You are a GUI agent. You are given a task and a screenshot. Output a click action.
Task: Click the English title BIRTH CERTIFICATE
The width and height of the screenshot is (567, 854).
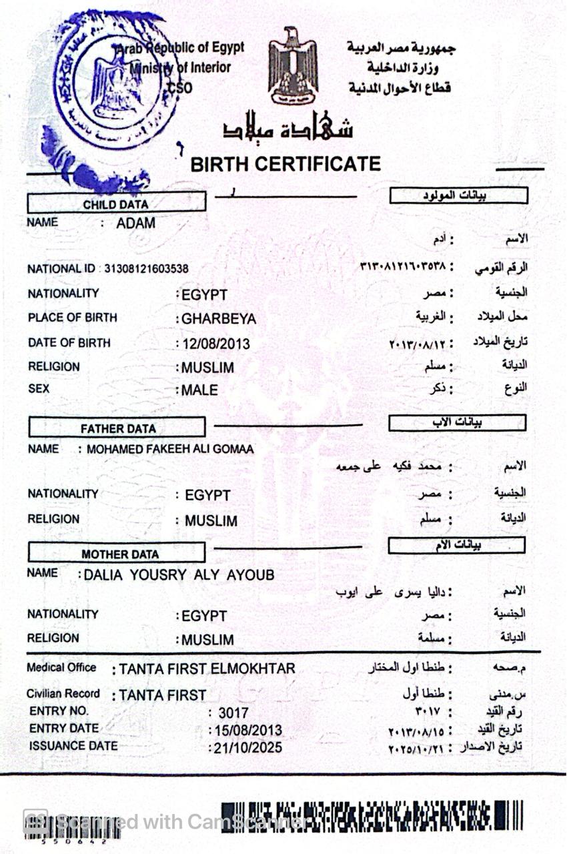pos(286,164)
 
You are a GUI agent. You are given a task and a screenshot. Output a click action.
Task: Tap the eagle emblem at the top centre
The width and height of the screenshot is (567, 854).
pos(292,65)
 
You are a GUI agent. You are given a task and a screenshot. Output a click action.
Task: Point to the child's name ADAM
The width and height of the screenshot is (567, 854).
pos(135,224)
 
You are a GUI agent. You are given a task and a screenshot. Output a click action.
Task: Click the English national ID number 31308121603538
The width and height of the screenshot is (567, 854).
pos(146,269)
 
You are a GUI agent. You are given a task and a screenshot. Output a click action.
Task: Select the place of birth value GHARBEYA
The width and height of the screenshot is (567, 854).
pos(219,319)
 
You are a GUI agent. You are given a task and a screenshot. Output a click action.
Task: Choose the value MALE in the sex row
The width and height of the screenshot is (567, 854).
pos(199,390)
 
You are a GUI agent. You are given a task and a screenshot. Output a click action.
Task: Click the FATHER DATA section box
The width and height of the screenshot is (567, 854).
pos(117,428)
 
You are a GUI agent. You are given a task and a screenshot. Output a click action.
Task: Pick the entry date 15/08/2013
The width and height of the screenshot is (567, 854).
pos(247,731)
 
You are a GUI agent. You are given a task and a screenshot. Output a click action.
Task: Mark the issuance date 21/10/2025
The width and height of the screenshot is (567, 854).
pos(247,748)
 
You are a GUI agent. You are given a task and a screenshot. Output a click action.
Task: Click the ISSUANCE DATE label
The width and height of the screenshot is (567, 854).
pos(73,746)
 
